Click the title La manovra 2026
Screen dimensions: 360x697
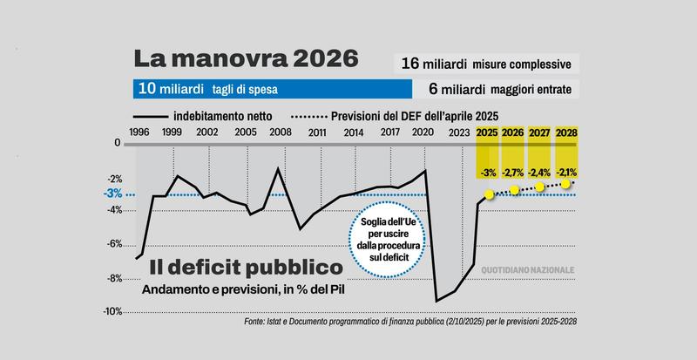click(x=246, y=59)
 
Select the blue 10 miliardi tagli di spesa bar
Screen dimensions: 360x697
click(x=273, y=89)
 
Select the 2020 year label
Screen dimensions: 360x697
click(x=423, y=132)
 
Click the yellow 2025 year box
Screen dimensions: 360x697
click(x=488, y=132)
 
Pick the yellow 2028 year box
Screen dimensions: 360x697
click(x=566, y=132)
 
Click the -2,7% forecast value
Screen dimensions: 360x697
click(x=514, y=171)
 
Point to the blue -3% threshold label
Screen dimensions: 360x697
click(x=113, y=194)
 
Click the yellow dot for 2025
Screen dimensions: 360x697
click(x=490, y=194)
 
